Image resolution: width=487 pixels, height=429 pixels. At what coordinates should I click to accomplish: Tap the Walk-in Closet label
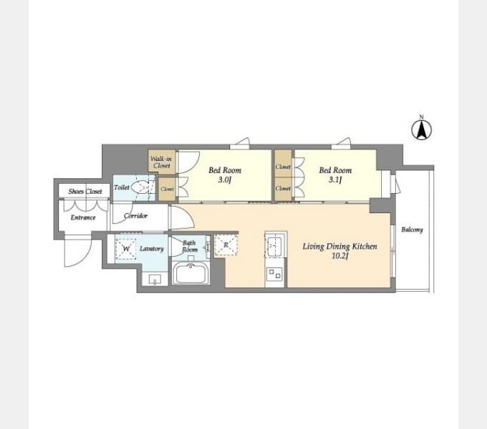click(x=161, y=162)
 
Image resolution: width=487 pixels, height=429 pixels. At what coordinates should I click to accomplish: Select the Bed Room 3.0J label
click(x=225, y=175)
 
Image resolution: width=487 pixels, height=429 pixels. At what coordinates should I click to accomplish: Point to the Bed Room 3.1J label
click(x=335, y=175)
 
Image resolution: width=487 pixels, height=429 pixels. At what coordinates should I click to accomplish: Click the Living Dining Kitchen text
click(x=339, y=247)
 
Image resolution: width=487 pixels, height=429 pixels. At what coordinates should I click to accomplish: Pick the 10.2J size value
click(x=339, y=257)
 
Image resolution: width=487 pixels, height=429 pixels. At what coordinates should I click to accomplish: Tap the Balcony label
click(x=412, y=230)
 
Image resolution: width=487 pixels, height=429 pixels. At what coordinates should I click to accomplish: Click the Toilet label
click(x=121, y=187)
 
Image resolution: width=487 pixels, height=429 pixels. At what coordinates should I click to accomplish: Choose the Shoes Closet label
click(x=85, y=192)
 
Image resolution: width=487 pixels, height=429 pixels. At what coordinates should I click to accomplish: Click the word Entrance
click(x=83, y=217)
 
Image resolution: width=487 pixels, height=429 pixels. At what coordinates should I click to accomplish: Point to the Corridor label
click(x=135, y=216)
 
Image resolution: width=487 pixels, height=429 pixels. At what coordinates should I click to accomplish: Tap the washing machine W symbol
click(x=127, y=249)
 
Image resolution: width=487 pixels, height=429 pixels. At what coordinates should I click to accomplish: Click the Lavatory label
click(x=152, y=249)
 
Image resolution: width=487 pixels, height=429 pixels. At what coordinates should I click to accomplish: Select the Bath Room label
click(x=189, y=247)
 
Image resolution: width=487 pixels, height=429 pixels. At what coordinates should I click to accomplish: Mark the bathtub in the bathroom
click(x=191, y=273)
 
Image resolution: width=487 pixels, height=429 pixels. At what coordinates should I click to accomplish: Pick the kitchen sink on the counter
click(x=275, y=247)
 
